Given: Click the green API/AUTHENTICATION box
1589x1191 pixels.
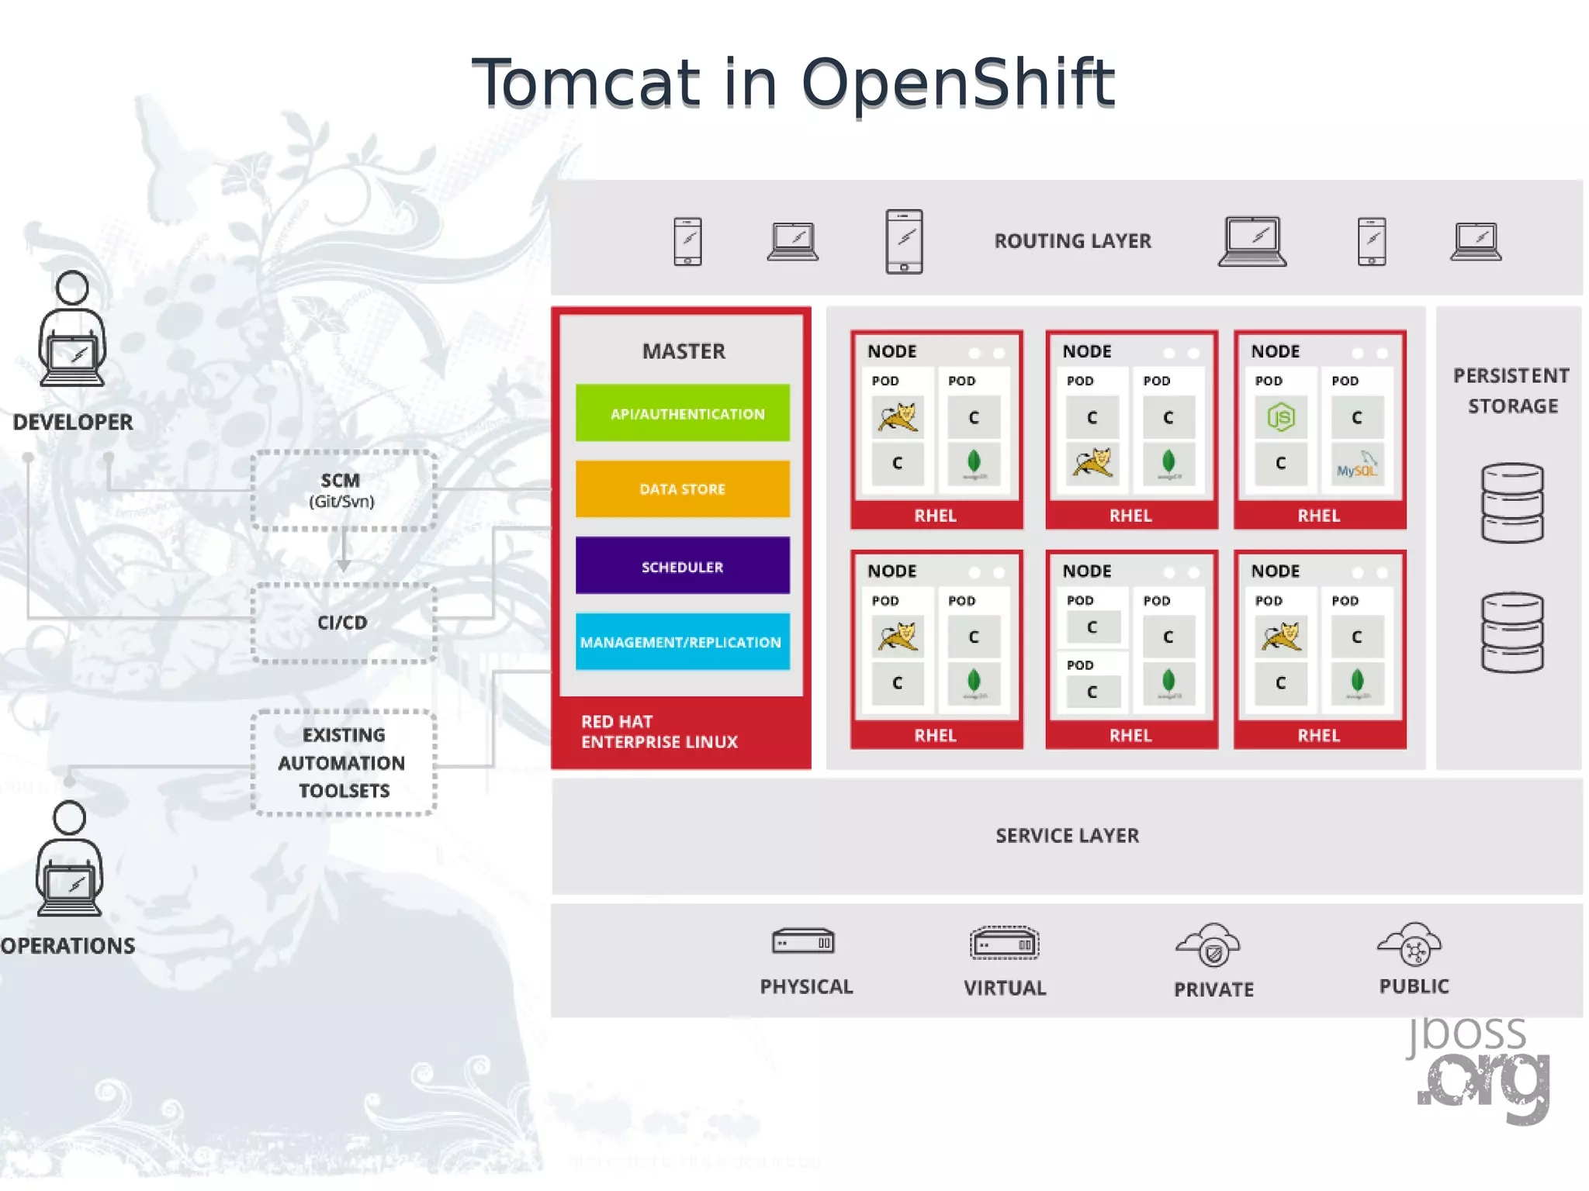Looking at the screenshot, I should point(682,413).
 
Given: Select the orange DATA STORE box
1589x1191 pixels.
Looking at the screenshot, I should point(682,489).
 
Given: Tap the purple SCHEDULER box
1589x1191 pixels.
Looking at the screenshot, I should point(682,566).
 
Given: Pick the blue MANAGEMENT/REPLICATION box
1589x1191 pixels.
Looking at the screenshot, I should point(682,642).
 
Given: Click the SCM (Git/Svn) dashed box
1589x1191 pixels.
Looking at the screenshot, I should point(343,490).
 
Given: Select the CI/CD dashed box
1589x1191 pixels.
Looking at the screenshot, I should point(343,623).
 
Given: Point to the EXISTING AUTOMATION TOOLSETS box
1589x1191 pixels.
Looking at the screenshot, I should point(343,763).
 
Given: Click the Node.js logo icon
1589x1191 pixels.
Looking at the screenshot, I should point(1280,418).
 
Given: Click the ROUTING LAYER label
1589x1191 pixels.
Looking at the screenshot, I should point(1072,241).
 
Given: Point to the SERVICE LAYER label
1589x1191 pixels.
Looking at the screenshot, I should point(1067,836).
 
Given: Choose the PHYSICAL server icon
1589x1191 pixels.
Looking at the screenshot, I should point(804,942).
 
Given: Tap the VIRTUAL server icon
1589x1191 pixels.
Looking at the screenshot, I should point(1004,944).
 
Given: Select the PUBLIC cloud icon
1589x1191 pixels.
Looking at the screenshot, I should point(1411,943).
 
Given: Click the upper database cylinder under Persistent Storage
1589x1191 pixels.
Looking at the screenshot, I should point(1511,502).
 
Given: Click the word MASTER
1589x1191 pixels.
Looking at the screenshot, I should point(684,351).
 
